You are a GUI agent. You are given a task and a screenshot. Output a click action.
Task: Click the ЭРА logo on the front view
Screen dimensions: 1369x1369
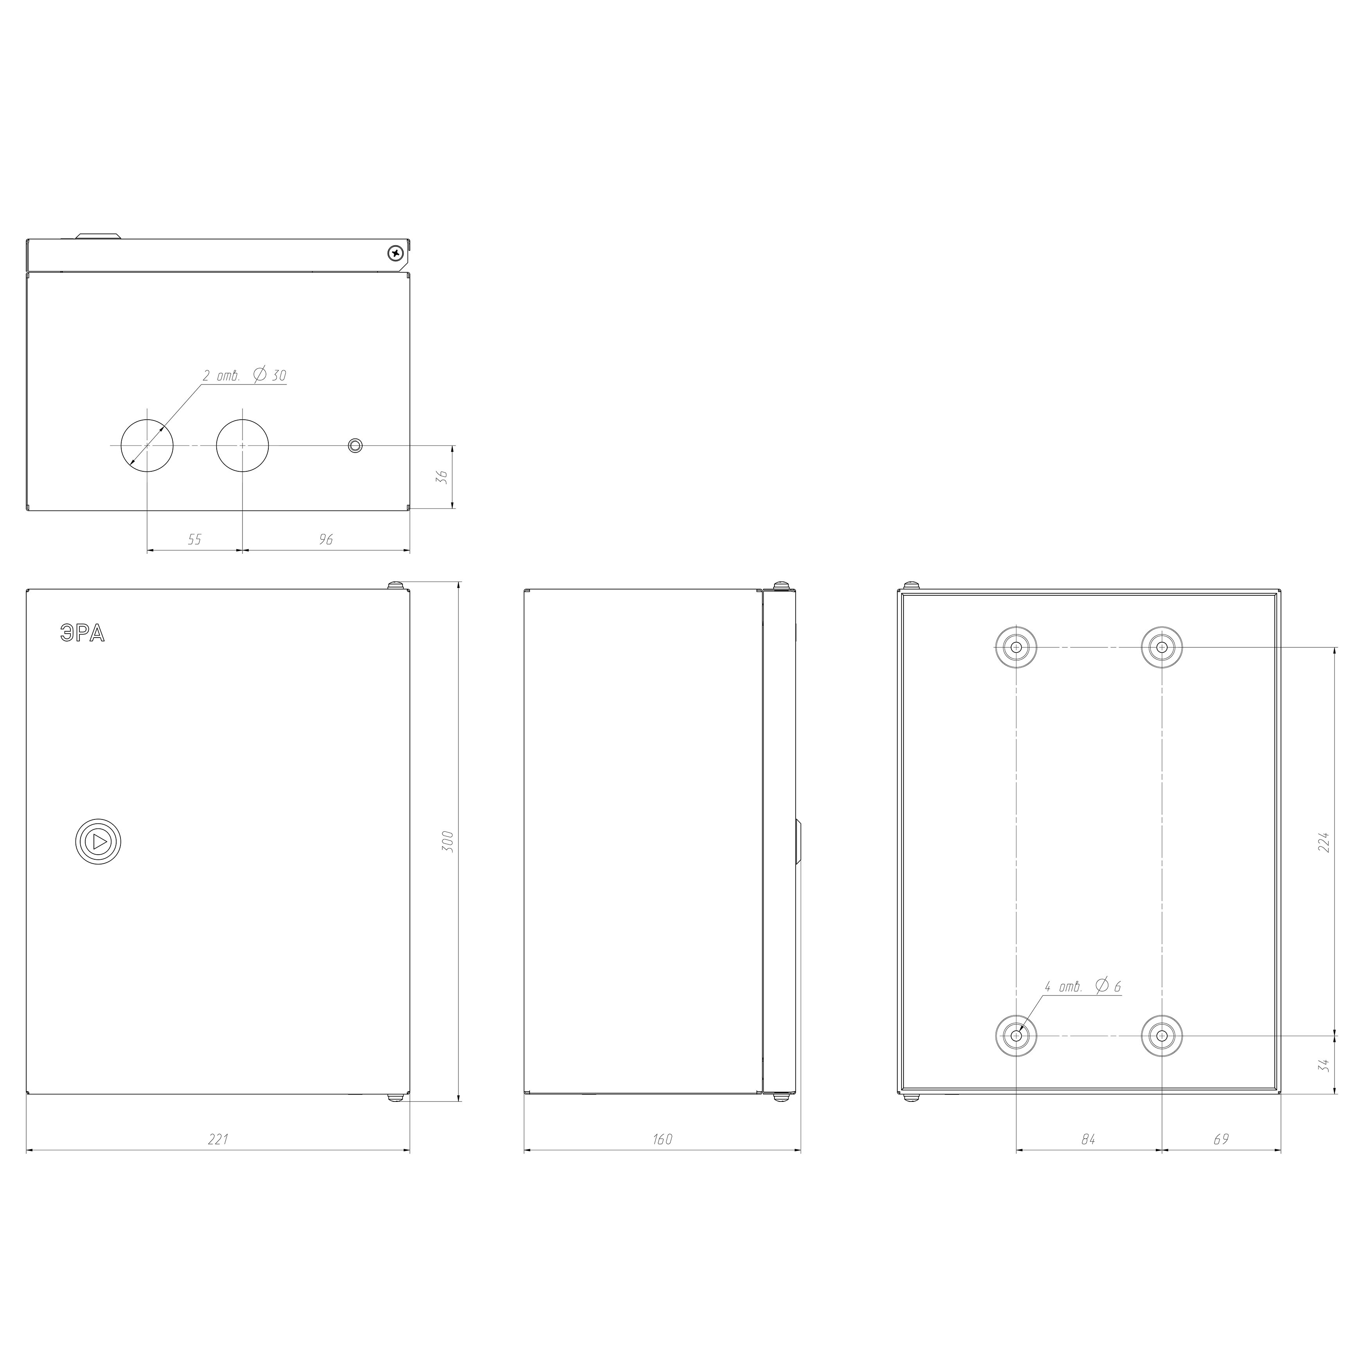82,634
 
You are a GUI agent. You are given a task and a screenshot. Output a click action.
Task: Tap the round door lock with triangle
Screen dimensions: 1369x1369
99,842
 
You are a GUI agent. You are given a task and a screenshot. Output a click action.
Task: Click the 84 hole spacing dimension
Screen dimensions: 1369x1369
1089,1139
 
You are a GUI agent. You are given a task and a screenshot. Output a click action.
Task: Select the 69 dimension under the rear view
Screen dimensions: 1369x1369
1221,1139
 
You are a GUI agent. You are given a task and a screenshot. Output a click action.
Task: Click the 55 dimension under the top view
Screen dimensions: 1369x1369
194,540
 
